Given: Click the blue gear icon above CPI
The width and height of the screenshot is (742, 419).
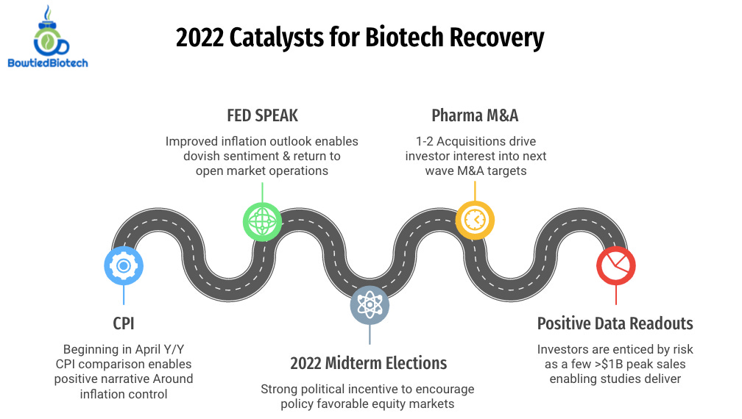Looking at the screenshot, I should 124,265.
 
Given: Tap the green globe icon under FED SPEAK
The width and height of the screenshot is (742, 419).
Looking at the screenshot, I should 262,221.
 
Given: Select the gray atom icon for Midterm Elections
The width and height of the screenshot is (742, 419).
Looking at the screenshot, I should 369,306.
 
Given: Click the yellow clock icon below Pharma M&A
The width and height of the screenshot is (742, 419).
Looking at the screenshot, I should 475,220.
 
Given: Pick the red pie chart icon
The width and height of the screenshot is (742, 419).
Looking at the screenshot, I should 616,265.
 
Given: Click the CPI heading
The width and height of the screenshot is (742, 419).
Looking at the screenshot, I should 123,324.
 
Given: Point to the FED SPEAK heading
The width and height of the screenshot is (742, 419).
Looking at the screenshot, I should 262,116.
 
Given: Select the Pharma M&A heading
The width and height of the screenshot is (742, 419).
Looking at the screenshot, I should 475,116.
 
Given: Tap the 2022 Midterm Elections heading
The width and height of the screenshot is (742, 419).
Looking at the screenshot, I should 368,363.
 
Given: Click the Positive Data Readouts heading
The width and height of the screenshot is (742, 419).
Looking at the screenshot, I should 615,323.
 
